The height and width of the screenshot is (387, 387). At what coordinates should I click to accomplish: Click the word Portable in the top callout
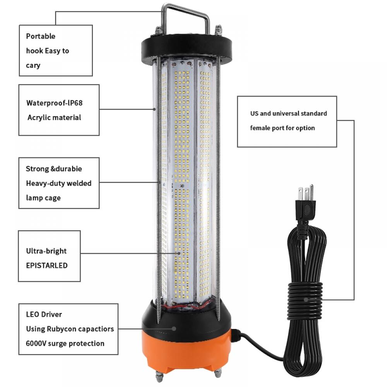[x=41, y=36]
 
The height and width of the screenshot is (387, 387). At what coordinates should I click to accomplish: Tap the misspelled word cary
[x=33, y=65]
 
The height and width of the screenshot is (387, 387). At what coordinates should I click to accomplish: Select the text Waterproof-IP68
[x=54, y=103]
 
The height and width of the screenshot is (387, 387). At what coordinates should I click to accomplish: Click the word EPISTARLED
[x=46, y=265]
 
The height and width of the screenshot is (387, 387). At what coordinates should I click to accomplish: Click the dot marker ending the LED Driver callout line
[x=174, y=329]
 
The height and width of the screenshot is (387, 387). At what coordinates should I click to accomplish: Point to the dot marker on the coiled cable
[x=305, y=299]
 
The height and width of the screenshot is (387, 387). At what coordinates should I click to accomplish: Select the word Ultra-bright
[x=46, y=251]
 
